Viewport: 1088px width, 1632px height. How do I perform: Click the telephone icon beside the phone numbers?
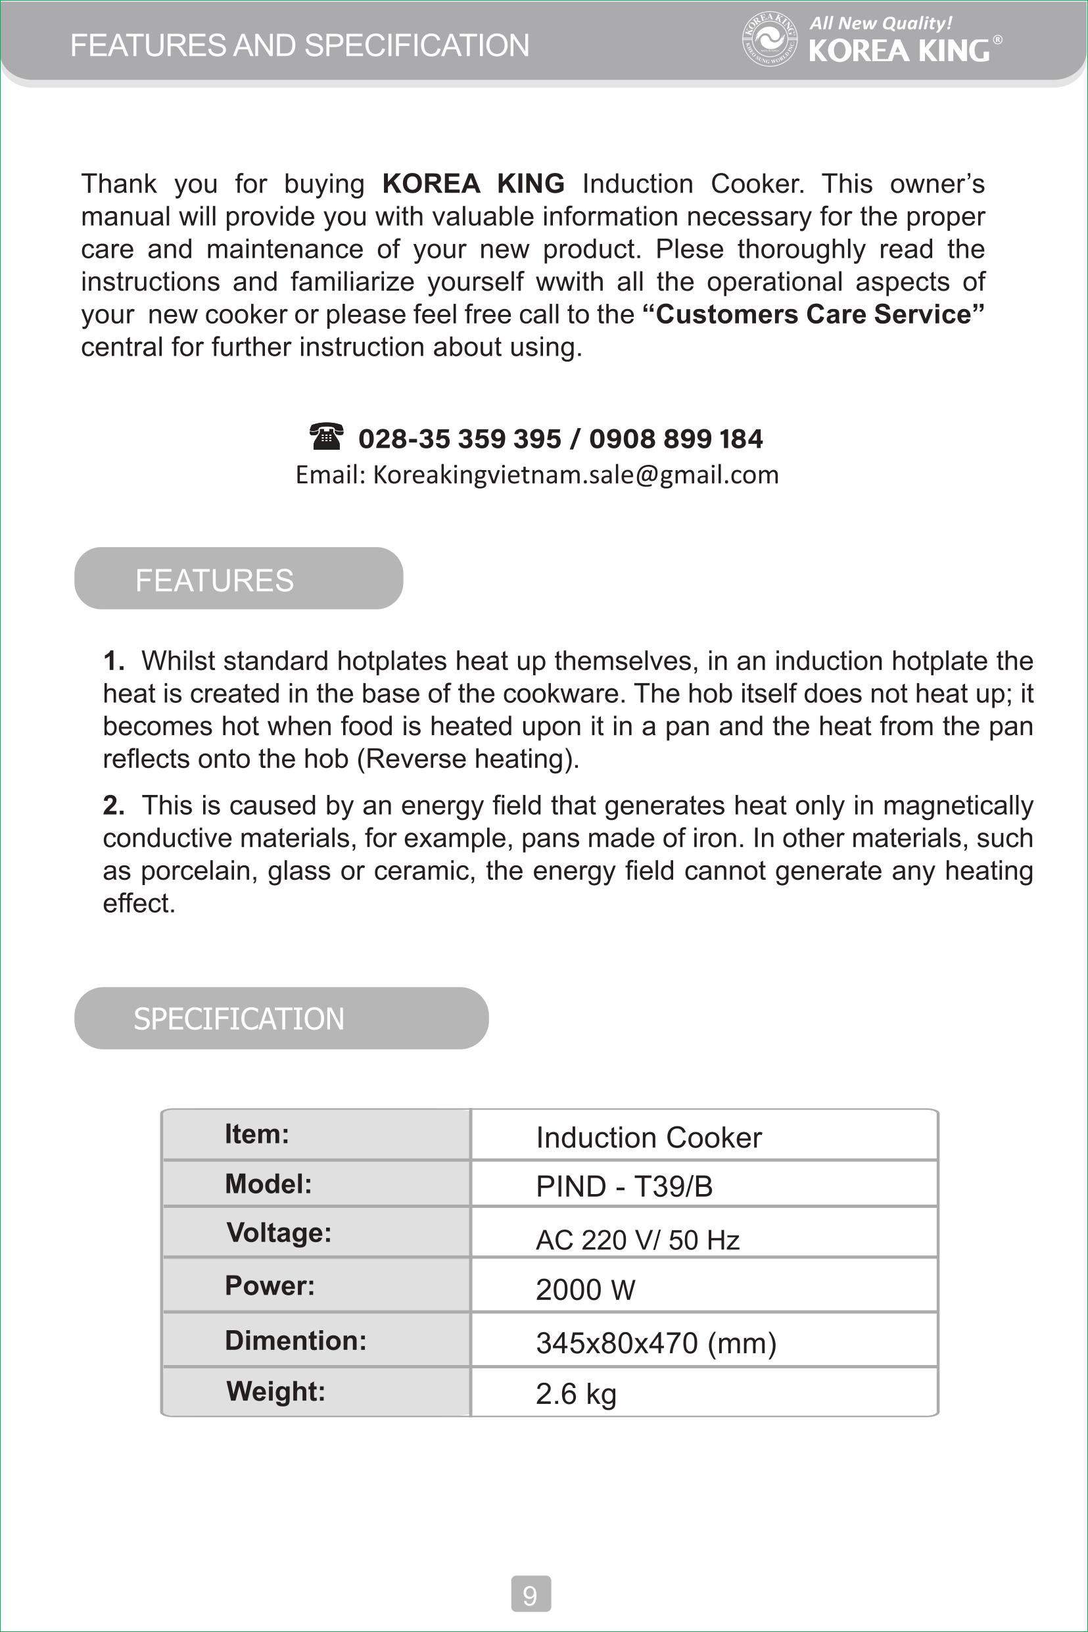(x=325, y=437)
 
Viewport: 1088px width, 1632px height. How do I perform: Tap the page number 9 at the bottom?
(x=531, y=1594)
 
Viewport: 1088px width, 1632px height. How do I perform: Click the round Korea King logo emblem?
(x=769, y=40)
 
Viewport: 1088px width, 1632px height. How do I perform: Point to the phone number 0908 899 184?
(x=676, y=439)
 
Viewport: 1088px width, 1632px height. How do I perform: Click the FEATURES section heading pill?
(x=238, y=579)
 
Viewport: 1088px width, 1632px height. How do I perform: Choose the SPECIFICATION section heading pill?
(x=281, y=1018)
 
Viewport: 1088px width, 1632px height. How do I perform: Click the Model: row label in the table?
(x=268, y=1184)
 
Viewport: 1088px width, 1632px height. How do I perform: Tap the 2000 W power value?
(x=585, y=1289)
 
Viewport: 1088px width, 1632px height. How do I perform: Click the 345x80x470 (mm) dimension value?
(x=655, y=1343)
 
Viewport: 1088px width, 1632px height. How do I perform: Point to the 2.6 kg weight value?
(x=576, y=1393)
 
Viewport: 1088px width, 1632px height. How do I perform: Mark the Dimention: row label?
(x=296, y=1340)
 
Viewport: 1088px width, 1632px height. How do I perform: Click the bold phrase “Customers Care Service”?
(x=813, y=314)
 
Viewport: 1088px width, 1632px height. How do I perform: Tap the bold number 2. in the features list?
(x=113, y=805)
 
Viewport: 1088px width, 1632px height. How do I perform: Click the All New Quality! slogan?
(x=880, y=24)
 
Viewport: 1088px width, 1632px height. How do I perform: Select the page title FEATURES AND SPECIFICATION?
(x=300, y=46)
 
